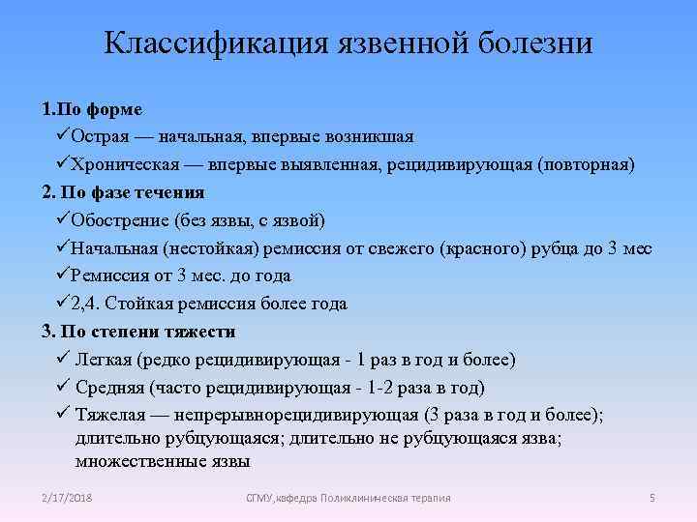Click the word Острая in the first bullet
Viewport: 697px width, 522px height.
click(x=100, y=136)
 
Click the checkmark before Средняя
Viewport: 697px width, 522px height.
click(x=62, y=388)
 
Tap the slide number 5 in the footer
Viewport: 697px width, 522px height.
click(x=652, y=498)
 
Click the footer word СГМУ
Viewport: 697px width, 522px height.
click(x=260, y=498)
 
